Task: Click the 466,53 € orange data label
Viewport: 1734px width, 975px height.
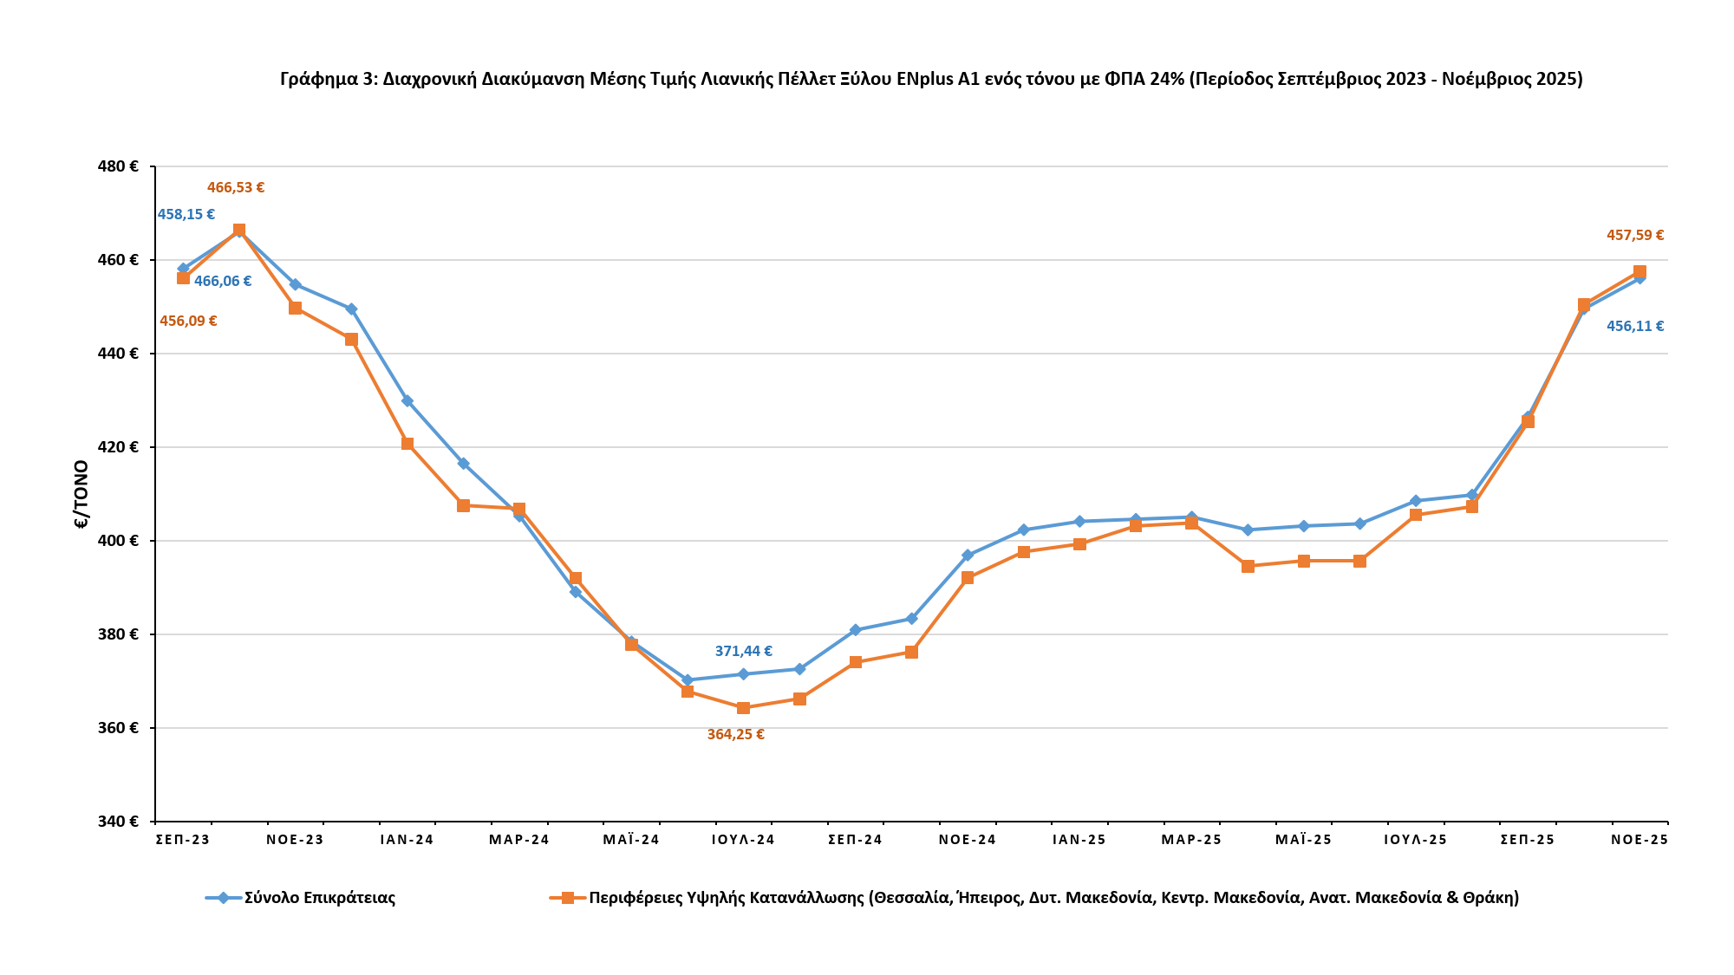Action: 235,187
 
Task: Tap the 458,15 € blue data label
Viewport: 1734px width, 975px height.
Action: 186,214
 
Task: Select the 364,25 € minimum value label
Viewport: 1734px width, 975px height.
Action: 735,734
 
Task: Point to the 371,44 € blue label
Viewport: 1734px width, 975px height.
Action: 743,651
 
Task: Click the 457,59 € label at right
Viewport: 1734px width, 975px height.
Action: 1634,235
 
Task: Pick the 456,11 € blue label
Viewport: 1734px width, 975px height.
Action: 1634,327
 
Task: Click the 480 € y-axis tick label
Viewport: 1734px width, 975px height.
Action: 120,166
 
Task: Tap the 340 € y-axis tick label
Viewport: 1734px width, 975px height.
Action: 120,821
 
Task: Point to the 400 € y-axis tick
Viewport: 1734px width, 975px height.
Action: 120,541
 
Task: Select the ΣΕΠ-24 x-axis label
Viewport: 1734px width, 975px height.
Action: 855,840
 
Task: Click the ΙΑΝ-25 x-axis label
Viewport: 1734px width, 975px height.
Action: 1079,840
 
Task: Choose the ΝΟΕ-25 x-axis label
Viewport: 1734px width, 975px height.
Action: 1639,840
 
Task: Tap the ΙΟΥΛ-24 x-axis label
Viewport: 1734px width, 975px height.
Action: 743,840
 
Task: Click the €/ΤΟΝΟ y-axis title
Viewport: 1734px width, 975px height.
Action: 81,494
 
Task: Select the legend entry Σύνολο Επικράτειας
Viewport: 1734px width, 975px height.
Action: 319,898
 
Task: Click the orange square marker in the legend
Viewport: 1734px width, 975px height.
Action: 567,898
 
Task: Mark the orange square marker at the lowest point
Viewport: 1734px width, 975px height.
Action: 743,708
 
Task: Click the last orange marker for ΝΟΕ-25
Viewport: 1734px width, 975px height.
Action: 1639,271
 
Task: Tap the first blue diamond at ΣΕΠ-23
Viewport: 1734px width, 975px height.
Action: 183,269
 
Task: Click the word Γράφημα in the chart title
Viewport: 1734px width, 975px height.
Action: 320,79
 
